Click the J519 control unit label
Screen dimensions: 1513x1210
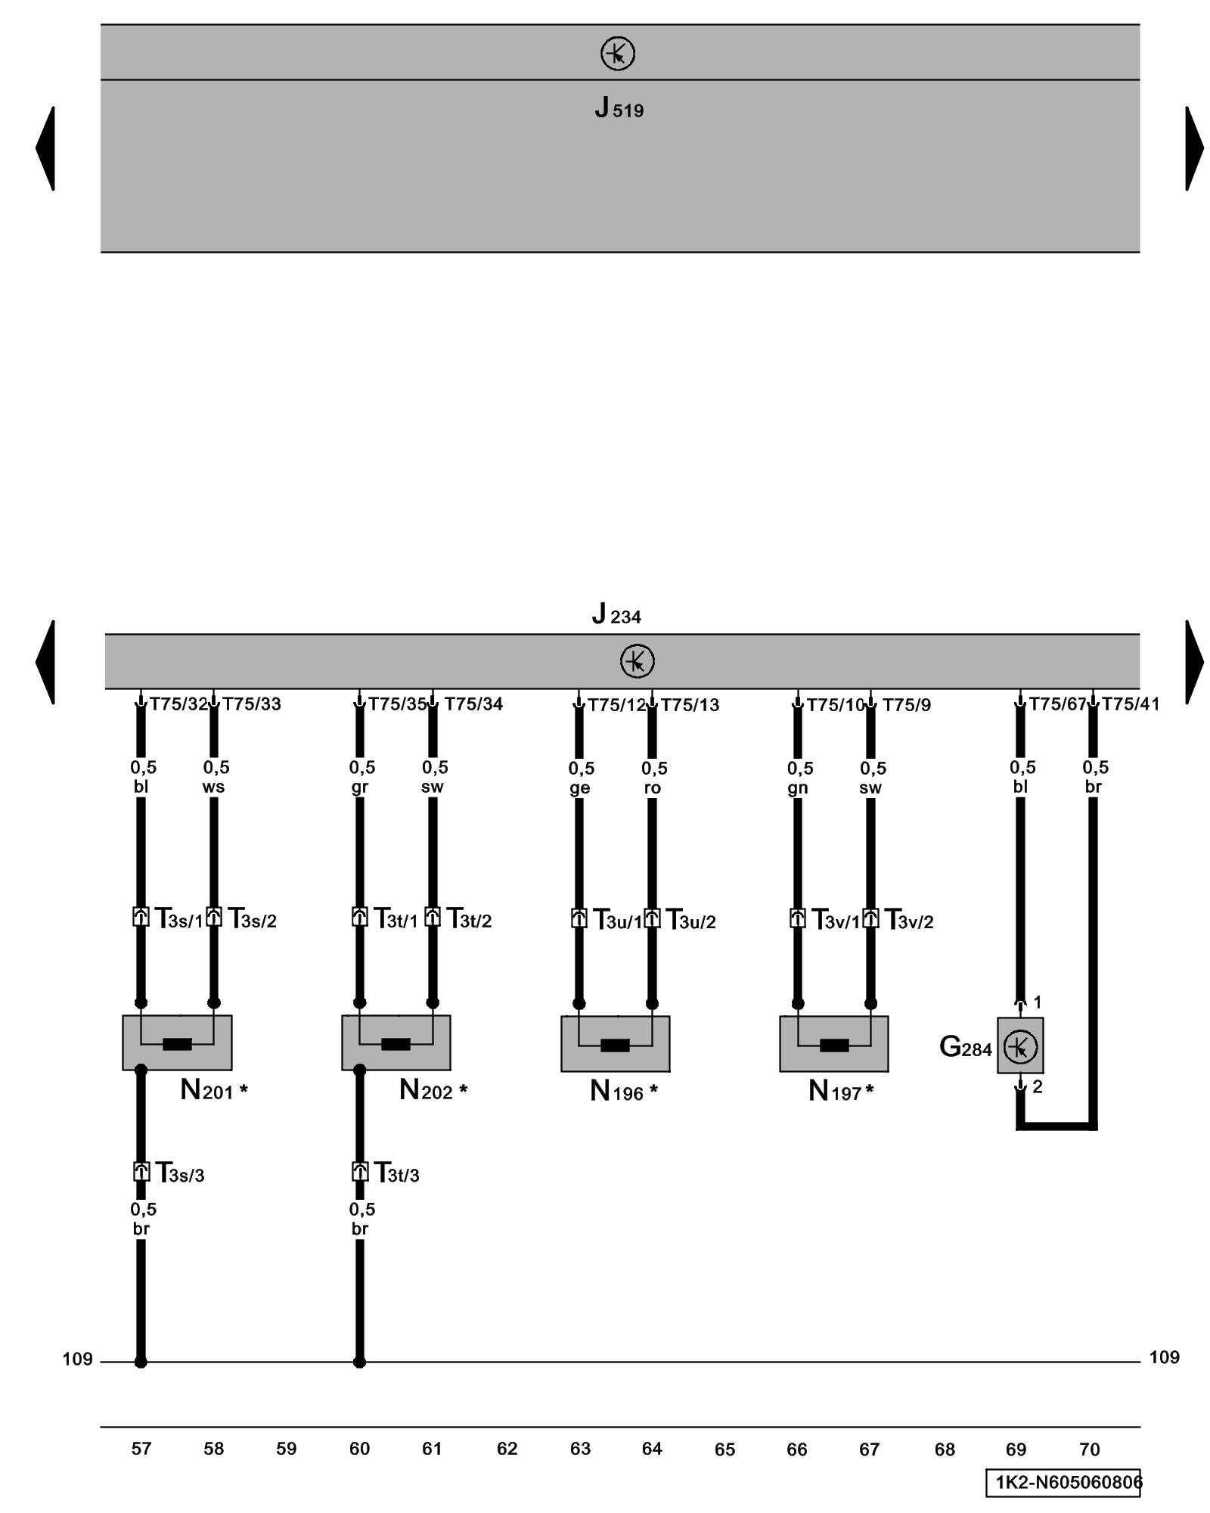(618, 108)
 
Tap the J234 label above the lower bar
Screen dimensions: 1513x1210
(616, 614)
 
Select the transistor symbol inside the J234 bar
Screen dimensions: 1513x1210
(637, 661)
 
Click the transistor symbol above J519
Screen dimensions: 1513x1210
(617, 54)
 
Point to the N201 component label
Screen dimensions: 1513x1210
(213, 1091)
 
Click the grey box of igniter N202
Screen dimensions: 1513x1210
(396, 1042)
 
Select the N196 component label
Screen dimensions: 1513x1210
(622, 1092)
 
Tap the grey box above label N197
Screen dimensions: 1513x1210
(833, 1043)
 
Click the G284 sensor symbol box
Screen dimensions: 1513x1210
(1019, 1045)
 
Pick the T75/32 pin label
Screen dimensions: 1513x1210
(178, 704)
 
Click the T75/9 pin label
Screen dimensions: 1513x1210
(906, 705)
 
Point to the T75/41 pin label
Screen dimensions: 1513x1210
(1130, 704)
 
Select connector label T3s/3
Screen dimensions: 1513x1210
(180, 1173)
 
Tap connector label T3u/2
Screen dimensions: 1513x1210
(690, 921)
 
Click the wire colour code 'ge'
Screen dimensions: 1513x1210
(579, 788)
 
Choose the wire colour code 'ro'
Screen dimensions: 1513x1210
(652, 788)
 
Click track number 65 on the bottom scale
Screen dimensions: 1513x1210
(724, 1449)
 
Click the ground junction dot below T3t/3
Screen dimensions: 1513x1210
(359, 1362)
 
